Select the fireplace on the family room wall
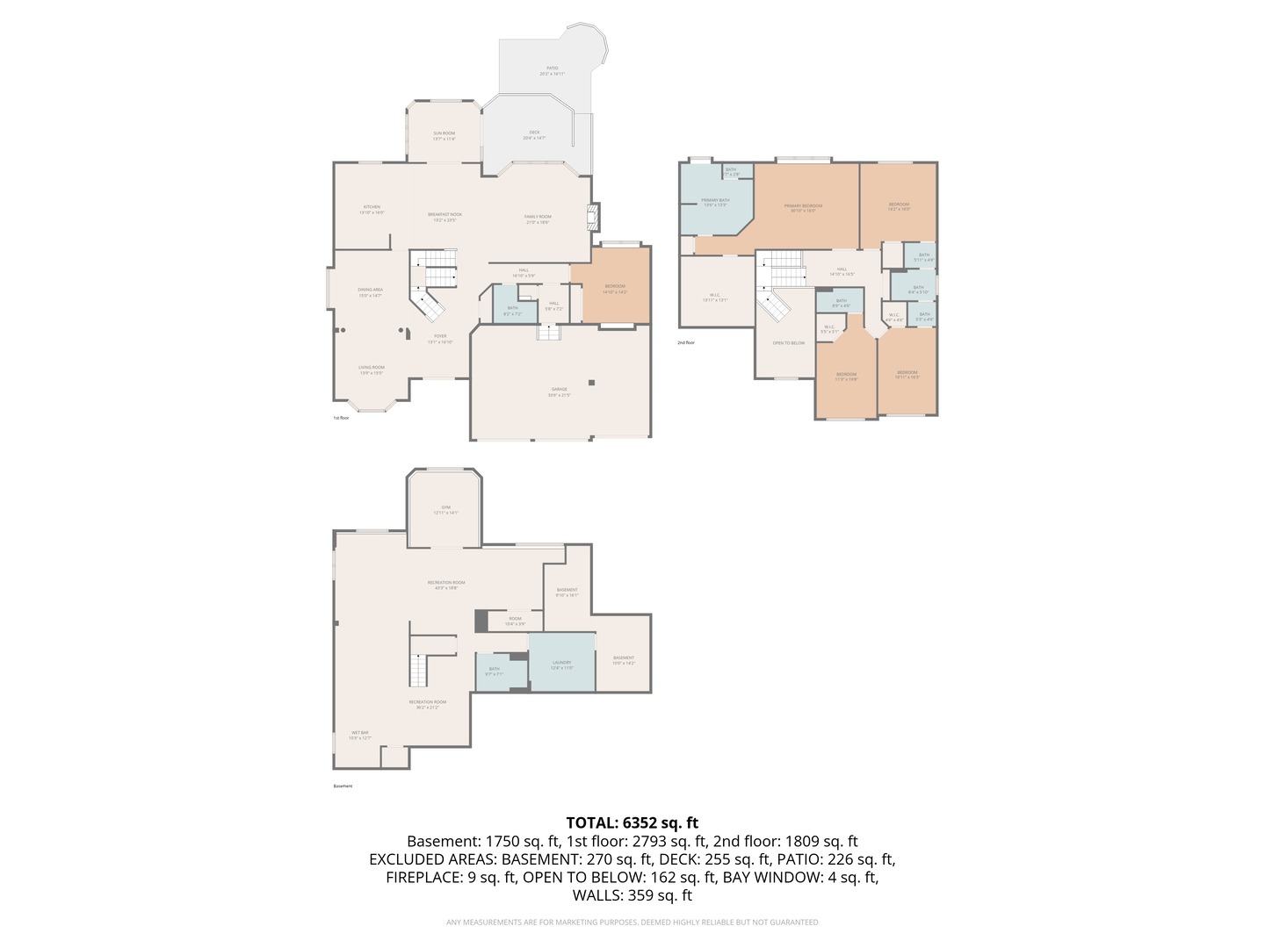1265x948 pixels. [594, 217]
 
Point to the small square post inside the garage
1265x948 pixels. [592, 382]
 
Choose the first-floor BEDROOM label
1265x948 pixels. [615, 288]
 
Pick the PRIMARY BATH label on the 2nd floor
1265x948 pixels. [715, 202]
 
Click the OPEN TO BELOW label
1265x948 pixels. [788, 343]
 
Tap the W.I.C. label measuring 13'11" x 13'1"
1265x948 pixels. [715, 297]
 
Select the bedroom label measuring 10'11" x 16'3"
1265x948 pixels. [907, 374]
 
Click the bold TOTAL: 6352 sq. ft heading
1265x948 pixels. [632, 822]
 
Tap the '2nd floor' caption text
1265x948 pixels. [685, 342]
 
